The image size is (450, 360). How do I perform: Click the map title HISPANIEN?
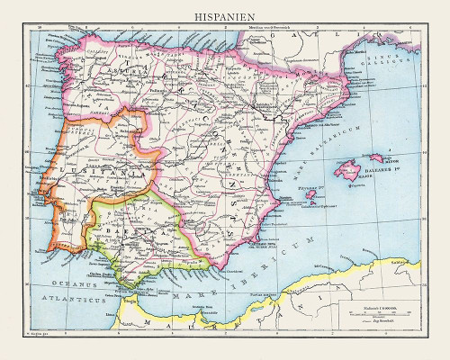tap(224, 16)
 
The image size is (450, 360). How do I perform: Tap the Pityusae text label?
tap(310, 191)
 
